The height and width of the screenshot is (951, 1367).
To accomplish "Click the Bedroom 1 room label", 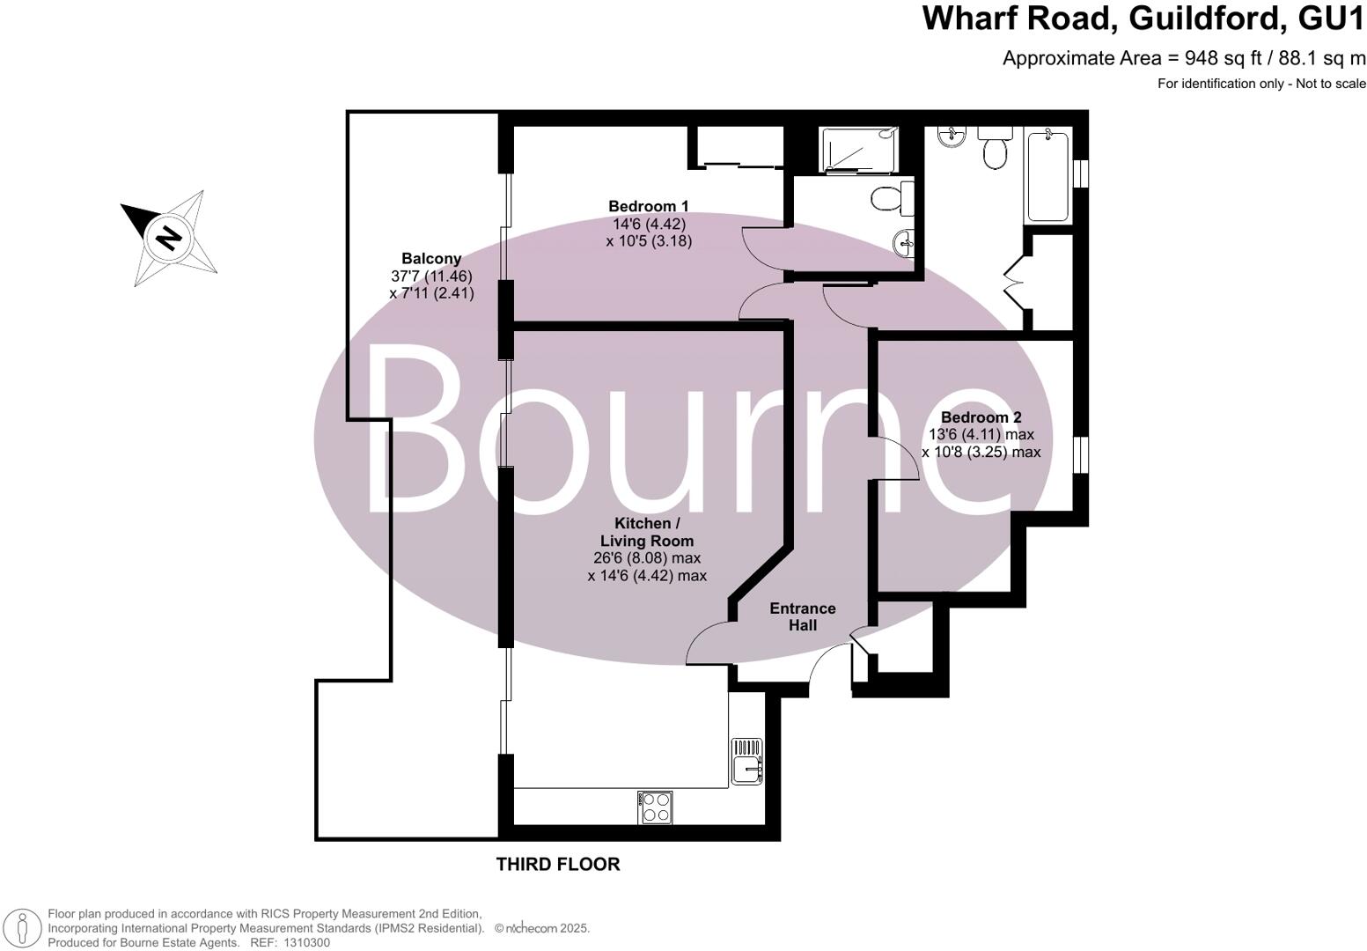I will coord(649,206).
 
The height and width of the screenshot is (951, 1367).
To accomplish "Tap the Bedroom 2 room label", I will coord(981,417).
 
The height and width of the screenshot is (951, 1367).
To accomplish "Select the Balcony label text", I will coord(431,259).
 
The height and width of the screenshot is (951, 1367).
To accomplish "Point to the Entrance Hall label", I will coord(802,616).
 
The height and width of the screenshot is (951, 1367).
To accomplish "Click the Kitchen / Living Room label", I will coord(647,532).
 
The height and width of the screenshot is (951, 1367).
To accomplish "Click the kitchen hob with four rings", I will coord(656,807).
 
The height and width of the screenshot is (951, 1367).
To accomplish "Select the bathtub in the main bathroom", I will coord(1047,175).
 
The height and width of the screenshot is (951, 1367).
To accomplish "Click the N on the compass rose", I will coord(167,237).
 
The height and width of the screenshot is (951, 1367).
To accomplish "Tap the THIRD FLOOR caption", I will coord(558,864).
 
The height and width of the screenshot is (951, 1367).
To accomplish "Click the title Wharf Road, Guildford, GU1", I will coord(1143,18).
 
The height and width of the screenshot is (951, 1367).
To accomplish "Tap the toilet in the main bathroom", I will coord(996,151).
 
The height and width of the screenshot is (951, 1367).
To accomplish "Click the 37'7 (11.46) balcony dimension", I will coord(431,276).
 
